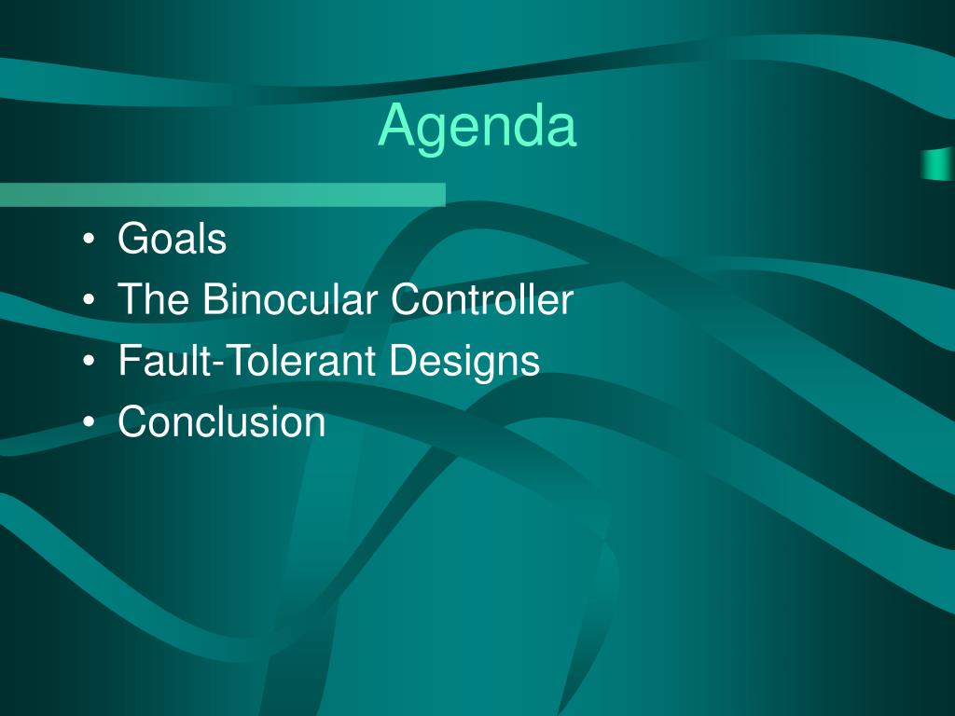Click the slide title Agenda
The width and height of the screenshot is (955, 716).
tap(477, 128)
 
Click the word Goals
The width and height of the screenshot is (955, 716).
tap(173, 238)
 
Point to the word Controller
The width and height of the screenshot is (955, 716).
tap(482, 298)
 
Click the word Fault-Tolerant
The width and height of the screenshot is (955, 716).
tap(246, 360)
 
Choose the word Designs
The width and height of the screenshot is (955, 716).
tap(464, 361)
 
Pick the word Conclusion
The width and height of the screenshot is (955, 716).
tap(222, 420)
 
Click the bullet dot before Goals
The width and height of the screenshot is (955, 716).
tap(89, 240)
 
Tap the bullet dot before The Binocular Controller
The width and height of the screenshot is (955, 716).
tap(89, 299)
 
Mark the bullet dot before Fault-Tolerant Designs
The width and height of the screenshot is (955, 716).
tap(89, 361)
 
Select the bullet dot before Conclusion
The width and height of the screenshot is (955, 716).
tap(89, 422)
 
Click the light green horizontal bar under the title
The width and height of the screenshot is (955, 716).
tap(223, 195)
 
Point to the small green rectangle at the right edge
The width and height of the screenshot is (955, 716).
tap(938, 164)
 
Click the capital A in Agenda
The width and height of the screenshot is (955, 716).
tap(399, 124)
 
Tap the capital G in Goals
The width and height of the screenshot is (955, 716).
tap(134, 238)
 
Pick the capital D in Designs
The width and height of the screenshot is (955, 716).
tap(403, 360)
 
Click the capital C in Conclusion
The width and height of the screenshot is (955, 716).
tap(133, 420)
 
